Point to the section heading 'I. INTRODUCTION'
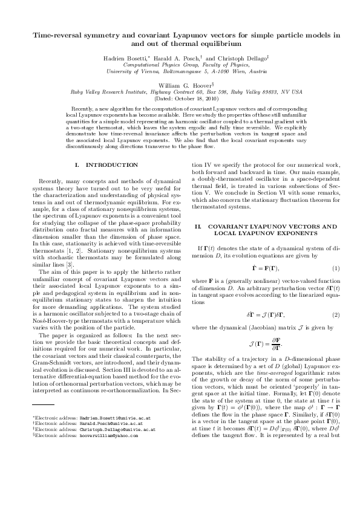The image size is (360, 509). [x=106, y=164]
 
